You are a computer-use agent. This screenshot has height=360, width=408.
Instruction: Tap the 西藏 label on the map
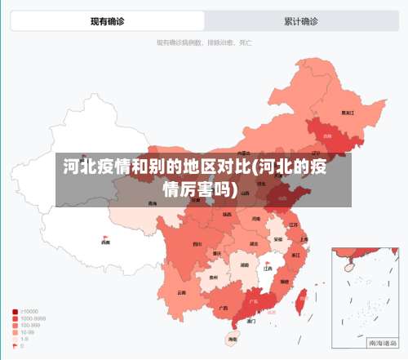point(104,242)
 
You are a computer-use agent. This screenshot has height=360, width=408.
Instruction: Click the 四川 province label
point(197,243)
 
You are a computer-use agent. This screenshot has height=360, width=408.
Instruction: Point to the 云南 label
point(181,291)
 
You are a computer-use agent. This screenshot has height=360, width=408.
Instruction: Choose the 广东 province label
point(253,301)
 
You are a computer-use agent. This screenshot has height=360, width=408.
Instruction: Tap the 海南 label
point(233,338)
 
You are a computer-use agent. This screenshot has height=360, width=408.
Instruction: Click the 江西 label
point(267,267)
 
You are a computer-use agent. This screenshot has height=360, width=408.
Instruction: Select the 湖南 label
point(244,264)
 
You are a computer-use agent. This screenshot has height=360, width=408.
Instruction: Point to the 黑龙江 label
point(348,113)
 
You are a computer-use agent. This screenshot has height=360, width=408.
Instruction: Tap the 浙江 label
point(295,256)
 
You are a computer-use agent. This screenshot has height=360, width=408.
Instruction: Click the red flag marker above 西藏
point(104,235)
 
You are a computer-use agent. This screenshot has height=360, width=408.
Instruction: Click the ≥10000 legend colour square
point(16,311)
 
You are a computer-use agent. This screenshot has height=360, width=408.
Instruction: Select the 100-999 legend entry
point(29,325)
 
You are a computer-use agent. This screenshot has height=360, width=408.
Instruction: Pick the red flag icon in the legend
point(16,346)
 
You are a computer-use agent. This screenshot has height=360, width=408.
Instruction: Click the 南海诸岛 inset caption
point(381,343)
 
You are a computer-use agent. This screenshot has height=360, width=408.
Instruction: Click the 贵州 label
point(214,278)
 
